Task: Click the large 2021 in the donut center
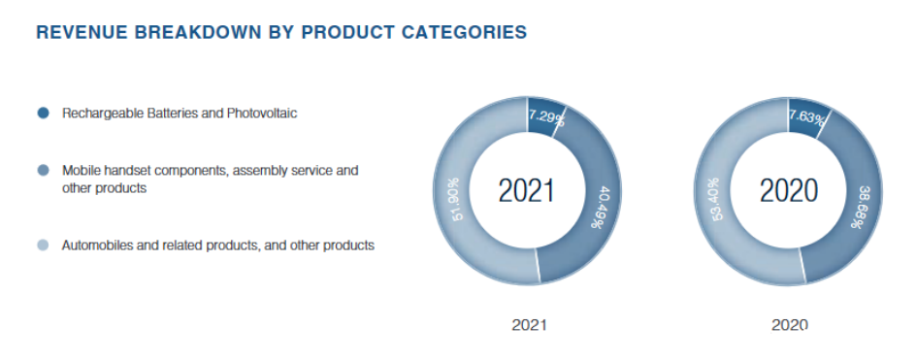pyautogui.click(x=526, y=190)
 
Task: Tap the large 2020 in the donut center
pyautogui.click(x=788, y=190)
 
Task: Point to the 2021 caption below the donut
pyautogui.click(x=529, y=325)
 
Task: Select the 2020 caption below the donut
pyautogui.click(x=789, y=325)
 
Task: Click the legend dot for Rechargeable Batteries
pyautogui.click(x=43, y=114)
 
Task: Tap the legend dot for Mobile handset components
pyautogui.click(x=43, y=171)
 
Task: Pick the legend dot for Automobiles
pyautogui.click(x=43, y=245)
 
